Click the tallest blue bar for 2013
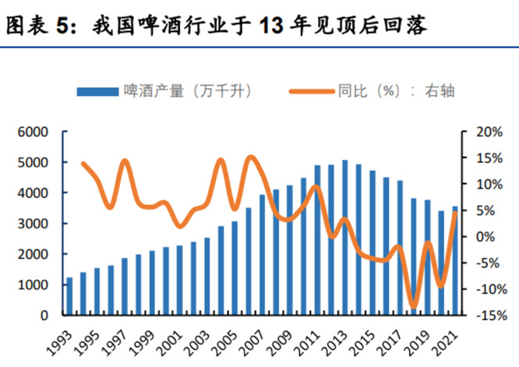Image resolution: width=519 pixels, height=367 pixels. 344,238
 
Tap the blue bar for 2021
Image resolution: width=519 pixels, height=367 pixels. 454,261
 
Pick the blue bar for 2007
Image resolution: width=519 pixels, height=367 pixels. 262,255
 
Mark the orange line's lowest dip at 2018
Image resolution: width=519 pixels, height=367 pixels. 414,305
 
